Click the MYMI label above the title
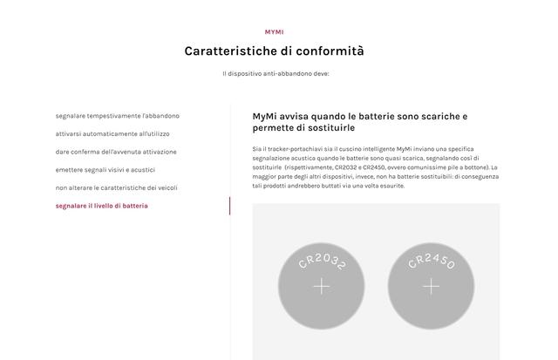click(274, 32)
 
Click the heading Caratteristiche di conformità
click(274, 51)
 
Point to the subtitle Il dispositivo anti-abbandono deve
click(275, 74)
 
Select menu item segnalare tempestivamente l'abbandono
click(117, 116)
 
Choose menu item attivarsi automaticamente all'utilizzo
click(112, 134)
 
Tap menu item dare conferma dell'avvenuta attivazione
click(116, 152)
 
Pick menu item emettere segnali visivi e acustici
click(105, 170)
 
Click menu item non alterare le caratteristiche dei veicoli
click(117, 187)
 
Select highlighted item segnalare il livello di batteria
click(101, 206)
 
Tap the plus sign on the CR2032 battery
click(322, 286)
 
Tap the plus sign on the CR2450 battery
click(431, 286)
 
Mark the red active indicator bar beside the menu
click(229, 206)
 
